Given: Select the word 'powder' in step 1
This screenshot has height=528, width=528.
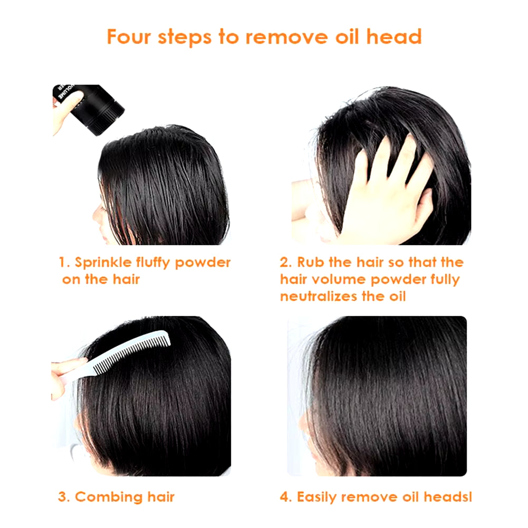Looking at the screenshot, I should (x=203, y=263).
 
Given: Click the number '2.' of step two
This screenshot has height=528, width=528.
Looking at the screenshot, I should (x=286, y=263).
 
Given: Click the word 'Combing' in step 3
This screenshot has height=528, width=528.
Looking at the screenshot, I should (x=109, y=497).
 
